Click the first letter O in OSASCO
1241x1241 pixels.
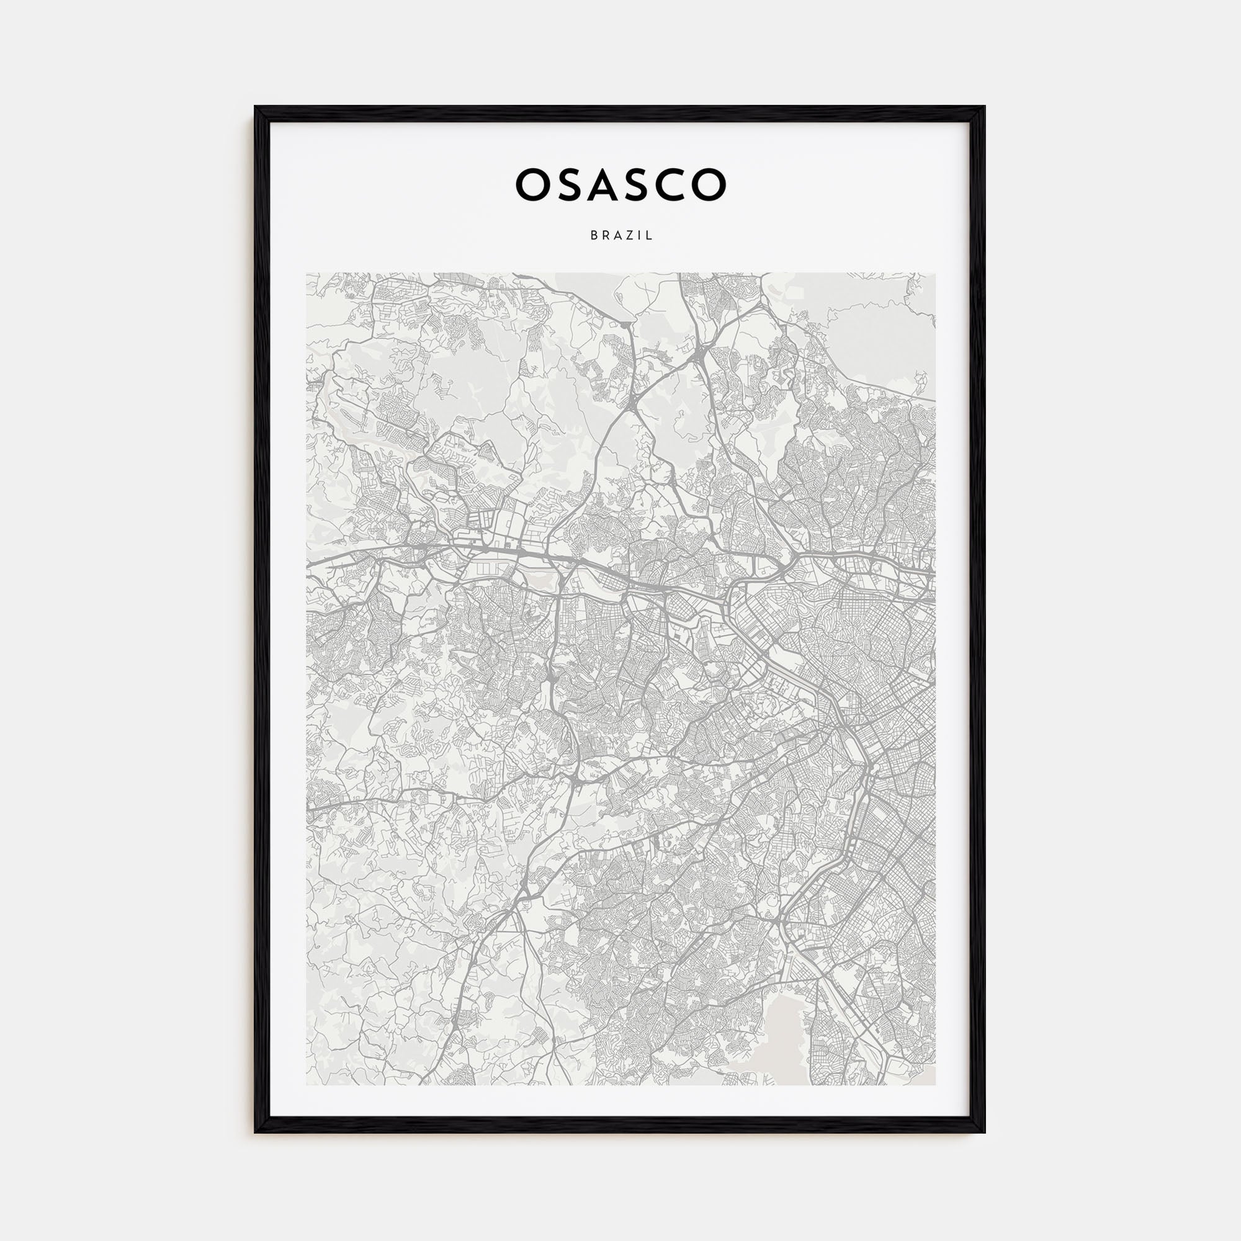[x=532, y=184]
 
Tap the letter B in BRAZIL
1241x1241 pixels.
[x=594, y=236]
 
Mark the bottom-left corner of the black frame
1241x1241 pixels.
[x=256, y=1132]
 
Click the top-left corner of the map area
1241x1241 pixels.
[x=307, y=273]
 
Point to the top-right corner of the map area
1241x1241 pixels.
[x=935, y=273]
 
